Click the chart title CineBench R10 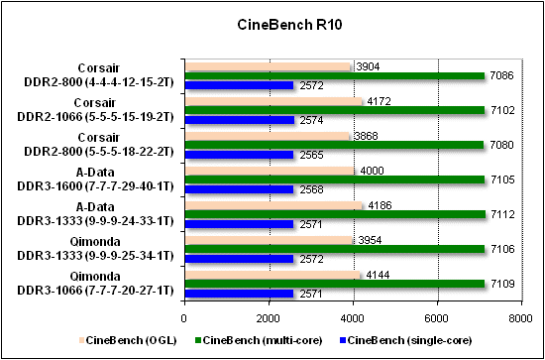coord(272,23)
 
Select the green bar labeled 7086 coord(334,75)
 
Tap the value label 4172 coord(379,101)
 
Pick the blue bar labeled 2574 coord(238,119)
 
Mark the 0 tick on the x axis coord(183,318)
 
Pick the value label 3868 coord(367,136)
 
